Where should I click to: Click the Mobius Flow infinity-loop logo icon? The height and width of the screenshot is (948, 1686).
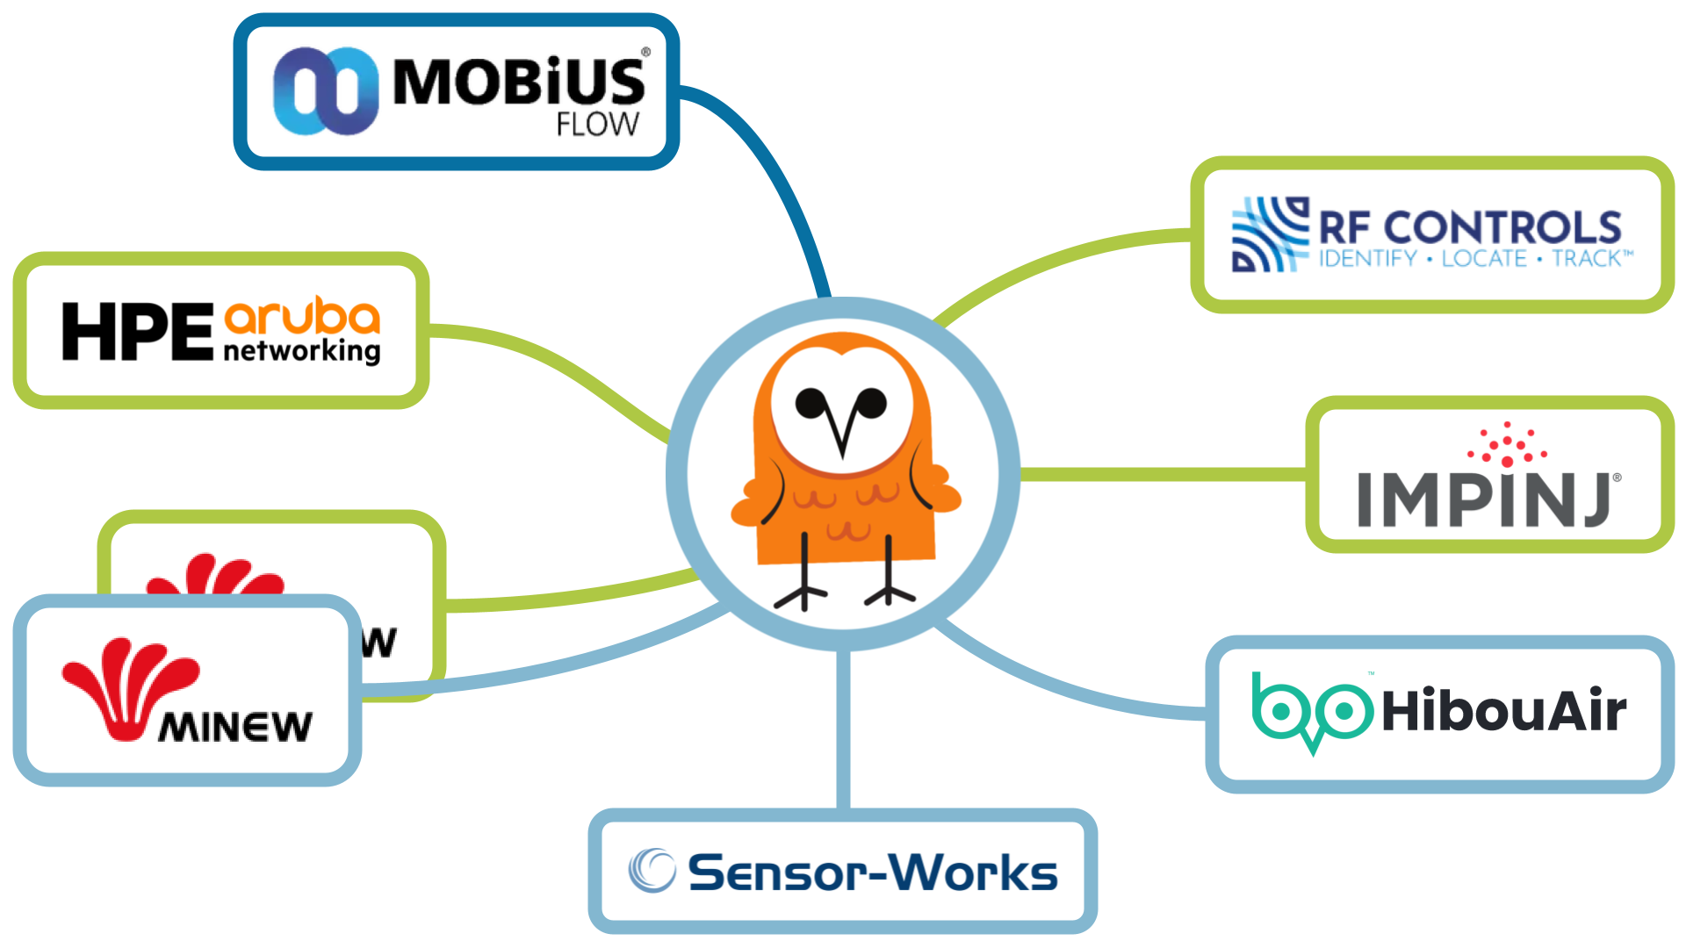pos(325,91)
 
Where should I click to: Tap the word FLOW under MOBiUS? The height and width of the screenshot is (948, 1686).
pos(597,125)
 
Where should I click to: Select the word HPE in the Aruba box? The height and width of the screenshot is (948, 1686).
pos(137,332)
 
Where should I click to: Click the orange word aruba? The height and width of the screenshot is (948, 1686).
pos(302,317)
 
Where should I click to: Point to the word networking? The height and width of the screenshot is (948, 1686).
pos(302,351)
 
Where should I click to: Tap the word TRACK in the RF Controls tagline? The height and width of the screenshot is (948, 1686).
pos(1588,259)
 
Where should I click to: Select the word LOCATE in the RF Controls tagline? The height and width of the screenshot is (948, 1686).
pos(1484,259)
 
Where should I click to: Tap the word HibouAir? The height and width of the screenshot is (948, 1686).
pos(1503,711)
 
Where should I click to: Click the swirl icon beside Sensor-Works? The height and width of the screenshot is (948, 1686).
pos(652,871)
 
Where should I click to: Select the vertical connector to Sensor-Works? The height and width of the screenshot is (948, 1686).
pos(844,729)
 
